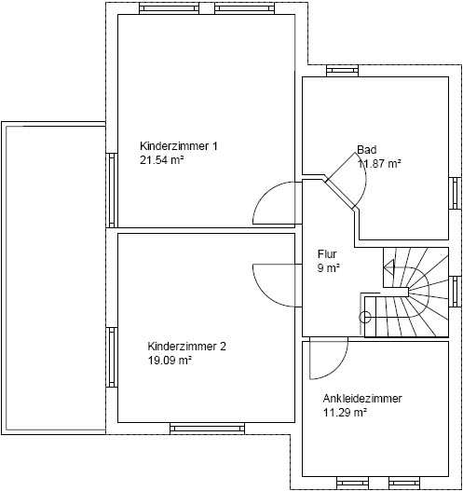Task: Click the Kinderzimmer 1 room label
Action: coord(179,146)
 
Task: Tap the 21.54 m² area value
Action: coord(161,160)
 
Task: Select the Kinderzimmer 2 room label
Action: coord(186,347)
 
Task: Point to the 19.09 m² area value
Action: coord(170,361)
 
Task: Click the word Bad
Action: coord(367,150)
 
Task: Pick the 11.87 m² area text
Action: coord(379,163)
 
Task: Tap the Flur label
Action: coord(327,254)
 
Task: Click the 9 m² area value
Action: coord(329,268)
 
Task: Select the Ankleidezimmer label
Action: coord(362,399)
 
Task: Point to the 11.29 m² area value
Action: coord(345,413)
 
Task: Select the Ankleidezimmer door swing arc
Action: coord(338,370)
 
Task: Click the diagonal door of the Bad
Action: coord(341,196)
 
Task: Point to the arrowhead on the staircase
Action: coord(389,267)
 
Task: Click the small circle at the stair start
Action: coord(364,317)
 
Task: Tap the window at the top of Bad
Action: coord(342,71)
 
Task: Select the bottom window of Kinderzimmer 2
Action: coord(207,428)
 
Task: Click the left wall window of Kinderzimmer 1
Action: coord(112,190)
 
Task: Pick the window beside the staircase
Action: coord(455,292)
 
